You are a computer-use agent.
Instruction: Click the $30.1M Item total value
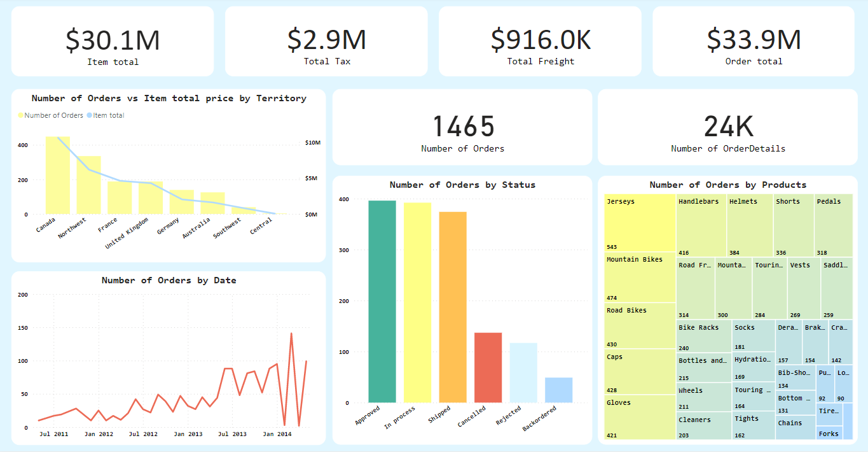click(x=113, y=40)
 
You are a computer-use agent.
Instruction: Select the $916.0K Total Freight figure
click(x=541, y=40)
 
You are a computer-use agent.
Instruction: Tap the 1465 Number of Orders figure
click(x=463, y=127)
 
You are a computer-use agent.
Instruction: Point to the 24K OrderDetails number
click(x=728, y=127)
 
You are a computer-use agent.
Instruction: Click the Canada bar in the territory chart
click(x=57, y=175)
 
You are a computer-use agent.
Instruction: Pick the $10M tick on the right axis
click(x=313, y=143)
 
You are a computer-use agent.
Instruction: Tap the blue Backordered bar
click(x=558, y=390)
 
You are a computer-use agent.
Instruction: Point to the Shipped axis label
click(x=439, y=418)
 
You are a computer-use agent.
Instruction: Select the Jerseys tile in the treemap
click(x=639, y=223)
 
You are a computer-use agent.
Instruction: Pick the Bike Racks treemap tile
click(x=703, y=337)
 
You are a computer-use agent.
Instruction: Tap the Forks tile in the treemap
click(x=829, y=434)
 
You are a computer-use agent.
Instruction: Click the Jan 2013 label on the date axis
click(x=188, y=434)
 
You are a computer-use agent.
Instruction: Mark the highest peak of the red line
click(x=291, y=333)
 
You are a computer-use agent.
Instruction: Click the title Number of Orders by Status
click(x=462, y=185)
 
